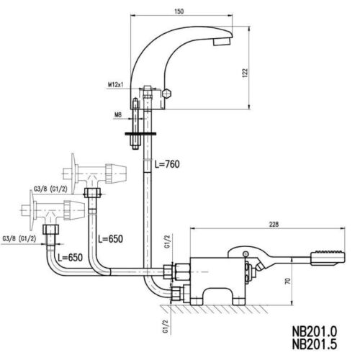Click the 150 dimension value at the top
point(179,12)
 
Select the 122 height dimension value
point(245,73)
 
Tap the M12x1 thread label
point(116,84)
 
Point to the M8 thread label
point(118,115)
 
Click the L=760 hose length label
point(167,164)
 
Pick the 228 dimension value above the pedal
point(274,225)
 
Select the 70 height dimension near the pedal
point(288,281)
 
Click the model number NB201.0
point(315,331)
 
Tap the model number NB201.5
point(315,344)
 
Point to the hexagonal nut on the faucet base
point(166,93)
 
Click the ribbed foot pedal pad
point(328,258)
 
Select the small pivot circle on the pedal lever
point(246,253)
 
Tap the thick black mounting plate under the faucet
point(140,134)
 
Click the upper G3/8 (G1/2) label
point(50,189)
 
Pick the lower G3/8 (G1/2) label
point(19,239)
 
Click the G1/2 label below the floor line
point(166,327)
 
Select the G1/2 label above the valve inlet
point(168,241)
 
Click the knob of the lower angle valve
point(74,210)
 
